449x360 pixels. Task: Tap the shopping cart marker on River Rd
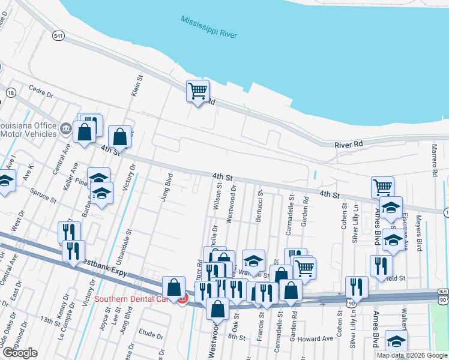click(197, 92)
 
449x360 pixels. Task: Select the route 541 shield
click(58, 37)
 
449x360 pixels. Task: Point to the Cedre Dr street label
click(41, 95)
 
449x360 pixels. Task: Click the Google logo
click(19, 353)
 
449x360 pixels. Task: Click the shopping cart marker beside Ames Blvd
click(382, 187)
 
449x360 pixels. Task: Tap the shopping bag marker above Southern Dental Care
click(174, 287)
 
